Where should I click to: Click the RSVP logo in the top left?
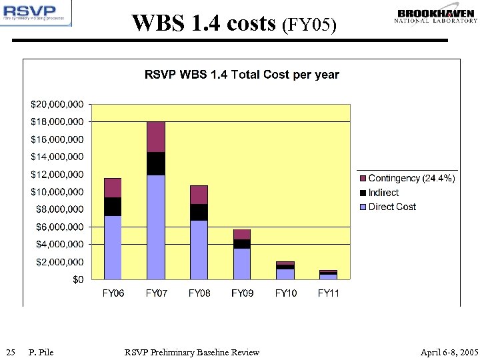click(x=36, y=13)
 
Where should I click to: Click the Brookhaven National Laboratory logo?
click(x=437, y=16)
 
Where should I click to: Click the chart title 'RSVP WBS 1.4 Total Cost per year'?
click(x=241, y=75)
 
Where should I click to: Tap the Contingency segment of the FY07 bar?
click(x=155, y=137)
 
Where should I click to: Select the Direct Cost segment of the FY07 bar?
click(x=155, y=227)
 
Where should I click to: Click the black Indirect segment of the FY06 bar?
click(x=113, y=207)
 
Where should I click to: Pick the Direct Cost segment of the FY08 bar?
click(x=199, y=249)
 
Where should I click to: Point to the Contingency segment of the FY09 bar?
click(x=242, y=234)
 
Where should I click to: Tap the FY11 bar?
click(x=328, y=275)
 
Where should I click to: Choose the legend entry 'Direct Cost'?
click(x=391, y=207)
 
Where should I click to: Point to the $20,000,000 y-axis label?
click(x=57, y=105)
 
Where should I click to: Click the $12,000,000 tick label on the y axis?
click(x=57, y=175)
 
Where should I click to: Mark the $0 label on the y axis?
click(x=78, y=280)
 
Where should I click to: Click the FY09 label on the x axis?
click(x=242, y=293)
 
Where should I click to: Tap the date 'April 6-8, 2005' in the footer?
click(x=449, y=352)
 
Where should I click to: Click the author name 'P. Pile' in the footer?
click(x=41, y=352)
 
